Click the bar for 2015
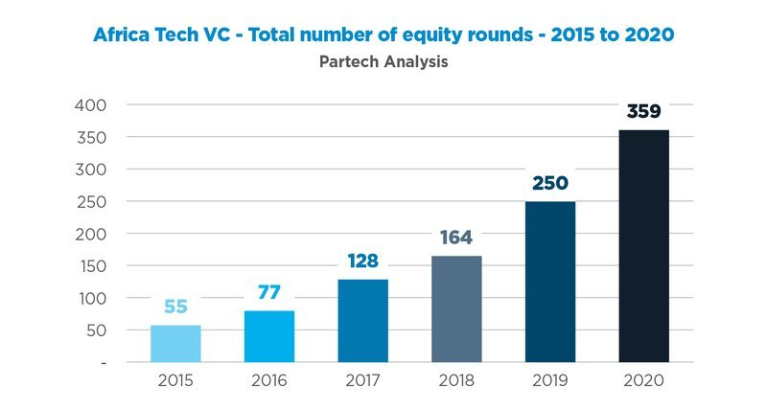[x=175, y=344]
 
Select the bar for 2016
[x=269, y=336]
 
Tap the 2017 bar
[x=362, y=321]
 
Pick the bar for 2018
[x=456, y=308]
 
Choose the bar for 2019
[x=550, y=282]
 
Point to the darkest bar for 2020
[x=643, y=246]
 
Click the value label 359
[x=643, y=112]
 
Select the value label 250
[x=550, y=183]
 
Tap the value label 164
[x=456, y=238]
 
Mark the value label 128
[x=362, y=261]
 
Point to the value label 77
[x=269, y=292]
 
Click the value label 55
[x=175, y=307]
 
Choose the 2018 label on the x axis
[x=456, y=379]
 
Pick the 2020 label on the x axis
[x=643, y=379]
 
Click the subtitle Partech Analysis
[x=383, y=62]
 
